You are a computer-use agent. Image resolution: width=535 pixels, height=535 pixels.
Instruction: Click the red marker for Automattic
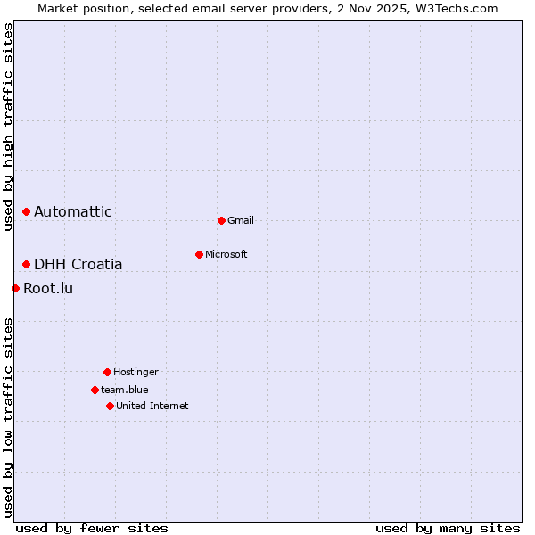point(27,212)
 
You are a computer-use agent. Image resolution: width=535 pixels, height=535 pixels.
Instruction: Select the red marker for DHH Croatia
point(27,265)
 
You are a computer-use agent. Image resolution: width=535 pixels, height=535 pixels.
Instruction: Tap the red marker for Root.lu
point(16,289)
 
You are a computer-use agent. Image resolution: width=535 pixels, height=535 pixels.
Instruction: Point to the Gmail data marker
point(221,220)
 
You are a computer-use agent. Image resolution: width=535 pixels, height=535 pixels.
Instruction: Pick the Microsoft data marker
point(199,255)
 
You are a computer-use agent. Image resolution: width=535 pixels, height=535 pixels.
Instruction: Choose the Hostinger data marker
point(107,373)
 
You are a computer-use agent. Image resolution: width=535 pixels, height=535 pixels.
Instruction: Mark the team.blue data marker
point(95,391)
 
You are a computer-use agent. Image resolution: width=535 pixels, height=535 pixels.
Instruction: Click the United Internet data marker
point(110,407)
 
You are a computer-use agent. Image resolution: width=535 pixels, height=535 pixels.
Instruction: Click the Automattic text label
point(73,212)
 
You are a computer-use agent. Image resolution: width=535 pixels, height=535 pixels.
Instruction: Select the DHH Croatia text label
point(78,265)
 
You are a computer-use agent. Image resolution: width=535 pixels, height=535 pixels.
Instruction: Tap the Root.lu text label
point(48,289)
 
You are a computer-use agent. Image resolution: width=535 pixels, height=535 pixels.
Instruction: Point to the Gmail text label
point(241,221)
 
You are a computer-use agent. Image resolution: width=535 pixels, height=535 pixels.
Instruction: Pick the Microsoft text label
point(226,255)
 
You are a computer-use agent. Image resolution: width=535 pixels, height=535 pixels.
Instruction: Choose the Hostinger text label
point(136,373)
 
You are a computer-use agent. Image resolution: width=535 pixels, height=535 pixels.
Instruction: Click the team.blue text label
point(125,391)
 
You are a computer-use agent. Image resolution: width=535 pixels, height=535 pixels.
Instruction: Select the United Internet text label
point(152,407)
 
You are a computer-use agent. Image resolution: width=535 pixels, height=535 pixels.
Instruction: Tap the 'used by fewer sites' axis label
point(92,529)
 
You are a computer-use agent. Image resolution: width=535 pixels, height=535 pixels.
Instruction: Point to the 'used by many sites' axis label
point(448,529)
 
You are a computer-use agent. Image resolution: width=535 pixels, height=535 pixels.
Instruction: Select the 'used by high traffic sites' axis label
point(9,128)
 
